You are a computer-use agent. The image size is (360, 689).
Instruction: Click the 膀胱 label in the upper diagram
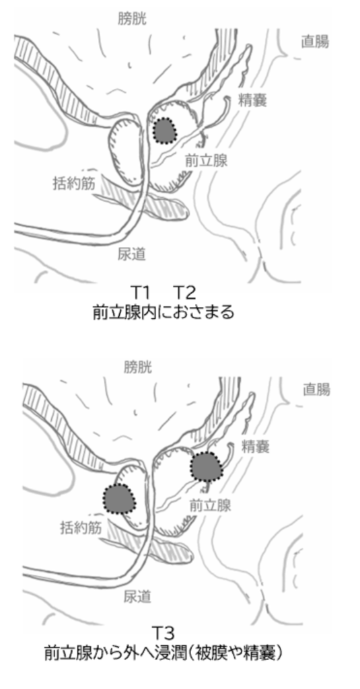point(132,18)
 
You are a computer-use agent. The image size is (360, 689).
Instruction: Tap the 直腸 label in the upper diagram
point(315,42)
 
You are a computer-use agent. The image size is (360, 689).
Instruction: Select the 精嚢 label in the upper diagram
point(252,101)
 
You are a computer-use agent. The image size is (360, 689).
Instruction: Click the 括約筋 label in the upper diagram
point(74,183)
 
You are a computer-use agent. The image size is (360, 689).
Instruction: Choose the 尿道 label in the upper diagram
point(131,254)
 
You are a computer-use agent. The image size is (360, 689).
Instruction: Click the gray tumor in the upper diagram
point(165,131)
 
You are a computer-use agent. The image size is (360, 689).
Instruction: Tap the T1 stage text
point(141,292)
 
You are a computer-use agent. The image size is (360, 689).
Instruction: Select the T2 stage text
point(184,292)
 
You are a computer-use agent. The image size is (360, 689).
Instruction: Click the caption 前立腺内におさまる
point(164,312)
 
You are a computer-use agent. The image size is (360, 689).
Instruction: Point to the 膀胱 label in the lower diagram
point(138,367)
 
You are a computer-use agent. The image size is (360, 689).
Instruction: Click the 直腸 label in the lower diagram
point(316,390)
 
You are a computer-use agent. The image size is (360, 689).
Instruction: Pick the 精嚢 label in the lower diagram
point(256,447)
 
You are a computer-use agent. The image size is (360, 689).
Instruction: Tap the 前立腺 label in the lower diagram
point(210,505)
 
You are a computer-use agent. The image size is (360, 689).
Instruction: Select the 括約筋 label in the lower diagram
point(81,528)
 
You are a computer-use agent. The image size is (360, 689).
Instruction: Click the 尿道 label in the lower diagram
point(137,597)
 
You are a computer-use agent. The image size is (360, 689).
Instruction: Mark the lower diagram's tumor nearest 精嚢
point(207,466)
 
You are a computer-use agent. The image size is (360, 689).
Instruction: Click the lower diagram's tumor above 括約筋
point(119,499)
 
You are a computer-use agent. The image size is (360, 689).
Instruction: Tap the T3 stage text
point(164,633)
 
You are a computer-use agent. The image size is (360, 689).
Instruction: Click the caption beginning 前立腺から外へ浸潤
point(164,653)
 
